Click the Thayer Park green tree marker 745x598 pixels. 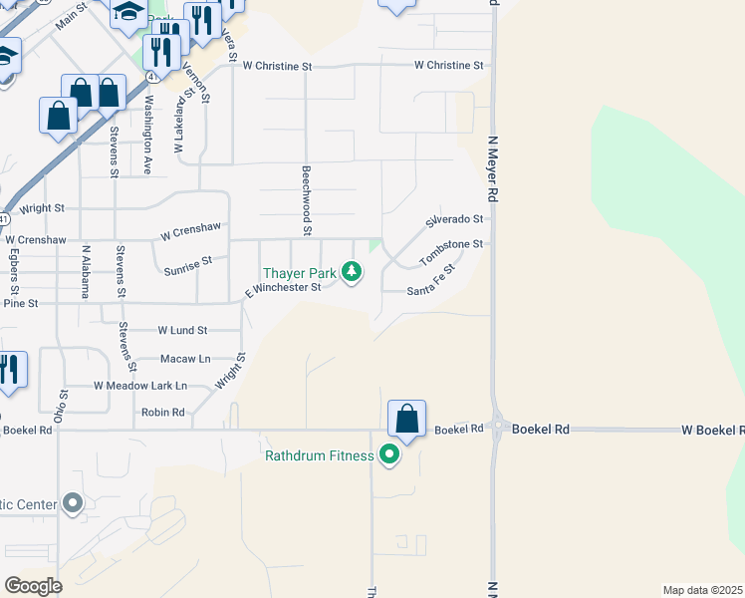351,271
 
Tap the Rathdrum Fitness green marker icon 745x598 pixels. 389,455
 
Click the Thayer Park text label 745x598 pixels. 299,273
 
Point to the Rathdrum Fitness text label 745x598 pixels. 319,456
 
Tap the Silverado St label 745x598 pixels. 455,219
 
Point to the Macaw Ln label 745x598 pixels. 185,358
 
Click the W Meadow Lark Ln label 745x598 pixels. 140,385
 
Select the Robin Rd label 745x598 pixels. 162,412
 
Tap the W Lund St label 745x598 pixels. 182,330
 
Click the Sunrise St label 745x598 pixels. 188,263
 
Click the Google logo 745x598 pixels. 33,586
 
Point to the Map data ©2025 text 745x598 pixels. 703,590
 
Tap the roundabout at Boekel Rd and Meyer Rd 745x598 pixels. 495,429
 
